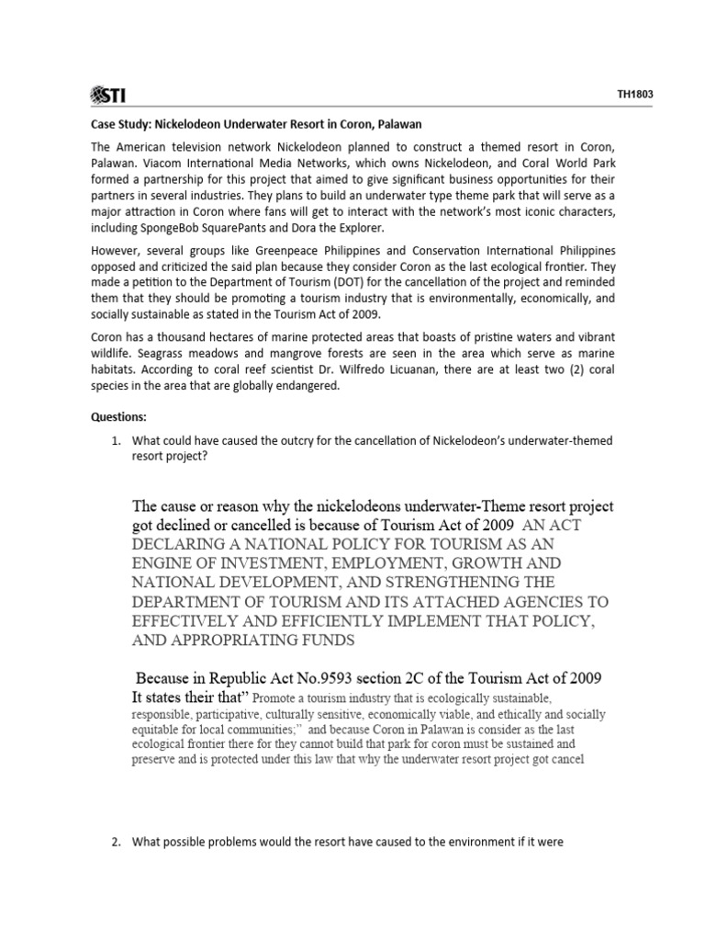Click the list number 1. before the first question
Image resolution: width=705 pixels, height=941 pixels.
(117, 441)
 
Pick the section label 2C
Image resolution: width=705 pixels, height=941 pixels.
(433, 679)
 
